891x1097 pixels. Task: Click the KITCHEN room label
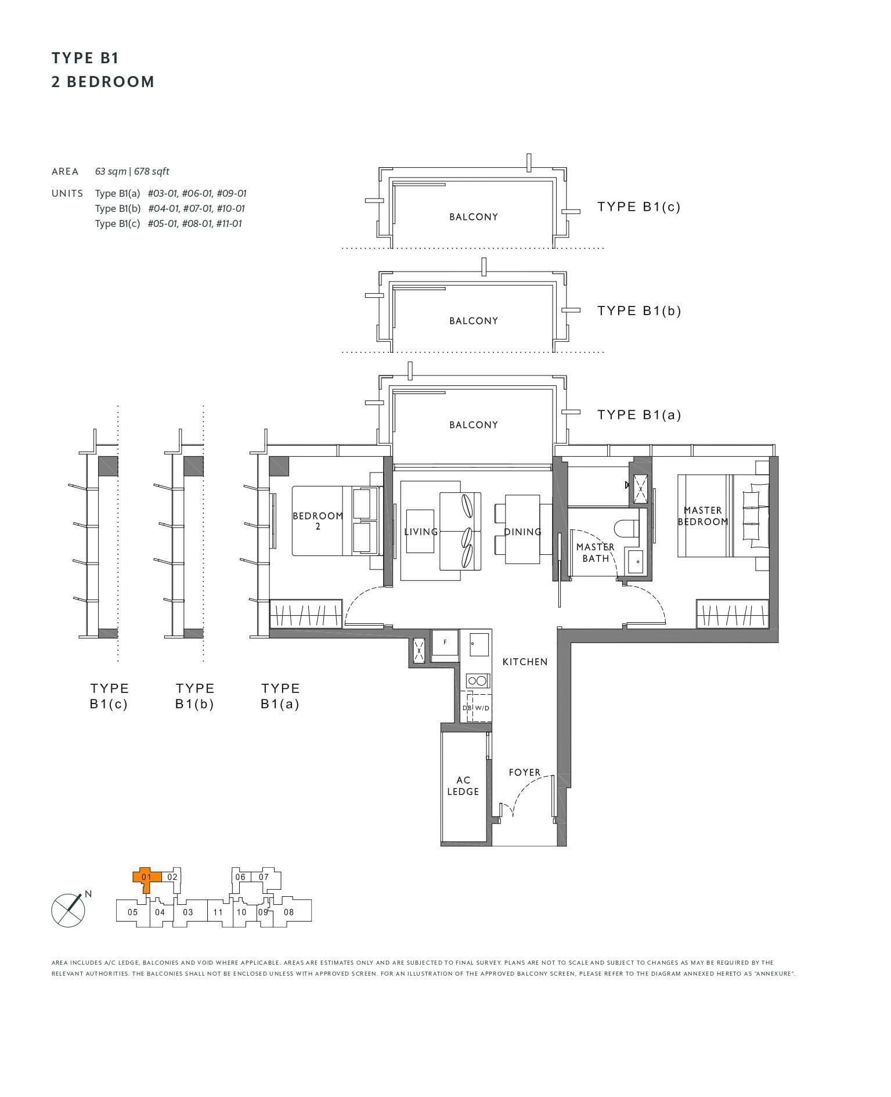click(525, 662)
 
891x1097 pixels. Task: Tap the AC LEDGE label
click(463, 786)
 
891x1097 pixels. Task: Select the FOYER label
click(524, 773)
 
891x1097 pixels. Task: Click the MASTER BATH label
click(595, 553)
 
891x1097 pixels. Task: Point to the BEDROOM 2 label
click(318, 521)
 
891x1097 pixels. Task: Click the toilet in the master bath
click(626, 529)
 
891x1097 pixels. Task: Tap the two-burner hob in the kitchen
click(478, 681)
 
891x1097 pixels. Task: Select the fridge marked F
click(445, 644)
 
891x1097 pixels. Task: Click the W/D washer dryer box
click(482, 708)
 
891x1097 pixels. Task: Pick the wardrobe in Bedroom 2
click(306, 614)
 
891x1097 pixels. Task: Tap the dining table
click(522, 529)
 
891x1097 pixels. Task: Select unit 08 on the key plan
click(288, 912)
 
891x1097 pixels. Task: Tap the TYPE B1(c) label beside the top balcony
click(639, 207)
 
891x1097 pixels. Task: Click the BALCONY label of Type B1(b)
click(473, 321)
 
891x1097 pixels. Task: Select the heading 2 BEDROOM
click(103, 82)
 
